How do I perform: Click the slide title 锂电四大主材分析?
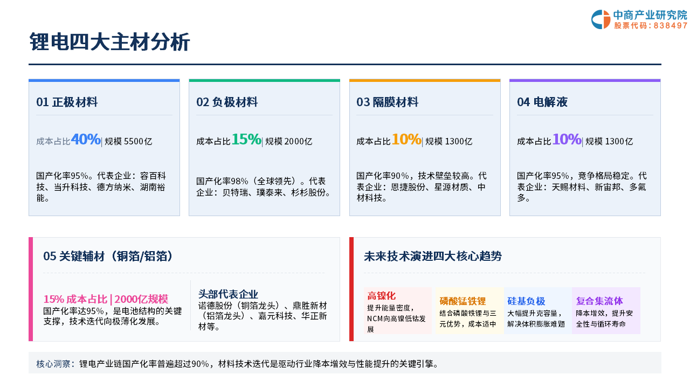(x=109, y=41)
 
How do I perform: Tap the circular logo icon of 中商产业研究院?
(x=601, y=19)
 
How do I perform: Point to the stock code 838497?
(x=670, y=25)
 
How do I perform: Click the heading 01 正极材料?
(x=67, y=102)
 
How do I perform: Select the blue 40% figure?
(x=86, y=139)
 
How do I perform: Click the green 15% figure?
(x=246, y=139)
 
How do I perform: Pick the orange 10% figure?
(x=406, y=139)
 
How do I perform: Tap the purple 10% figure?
(x=567, y=139)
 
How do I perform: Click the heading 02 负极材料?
(x=227, y=102)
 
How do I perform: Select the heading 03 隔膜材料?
(x=387, y=102)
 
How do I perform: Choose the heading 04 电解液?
(x=542, y=102)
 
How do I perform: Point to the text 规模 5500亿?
(x=128, y=141)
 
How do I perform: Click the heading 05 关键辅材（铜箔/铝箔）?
(x=108, y=256)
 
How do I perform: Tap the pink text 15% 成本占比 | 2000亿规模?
(x=106, y=299)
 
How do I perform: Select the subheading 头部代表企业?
(x=228, y=294)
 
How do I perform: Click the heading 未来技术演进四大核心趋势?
(x=433, y=256)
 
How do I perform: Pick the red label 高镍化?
(x=381, y=296)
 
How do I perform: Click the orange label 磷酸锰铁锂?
(x=463, y=301)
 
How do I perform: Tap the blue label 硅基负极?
(x=526, y=301)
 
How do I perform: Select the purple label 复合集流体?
(x=599, y=301)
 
